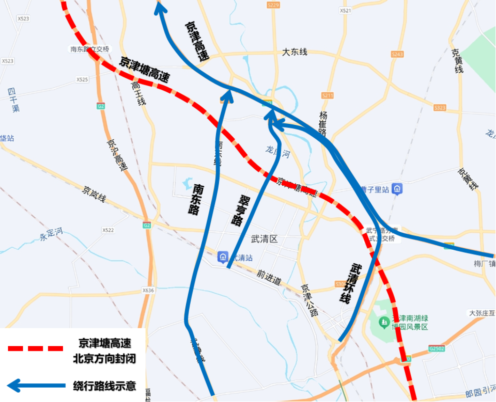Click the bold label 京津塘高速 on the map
pyautogui.click(x=145, y=70)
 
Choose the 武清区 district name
pyautogui.click(x=264, y=239)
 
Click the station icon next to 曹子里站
pyautogui.click(x=397, y=189)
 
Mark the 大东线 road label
pyautogui.click(x=295, y=52)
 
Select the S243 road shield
pyautogui.click(x=397, y=54)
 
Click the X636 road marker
pyautogui.click(x=148, y=291)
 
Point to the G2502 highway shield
pyautogui.click(x=436, y=349)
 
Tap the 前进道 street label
pyautogui.click(x=269, y=278)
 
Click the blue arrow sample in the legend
pyautogui.click(x=35, y=385)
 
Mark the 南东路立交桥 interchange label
pyautogui.click(x=90, y=50)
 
